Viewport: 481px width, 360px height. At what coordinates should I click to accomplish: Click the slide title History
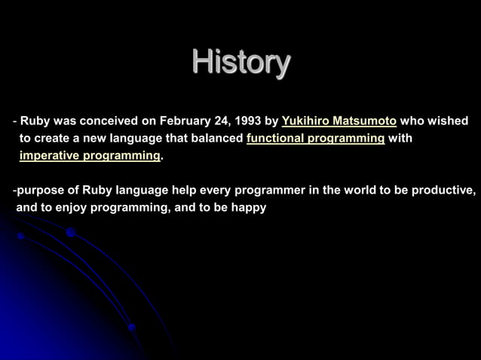coord(240,63)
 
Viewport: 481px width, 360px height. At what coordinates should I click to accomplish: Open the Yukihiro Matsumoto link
coord(339,121)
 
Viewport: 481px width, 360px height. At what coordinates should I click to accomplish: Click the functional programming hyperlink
coord(315,139)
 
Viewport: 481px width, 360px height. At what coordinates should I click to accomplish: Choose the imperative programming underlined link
coord(90,156)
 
